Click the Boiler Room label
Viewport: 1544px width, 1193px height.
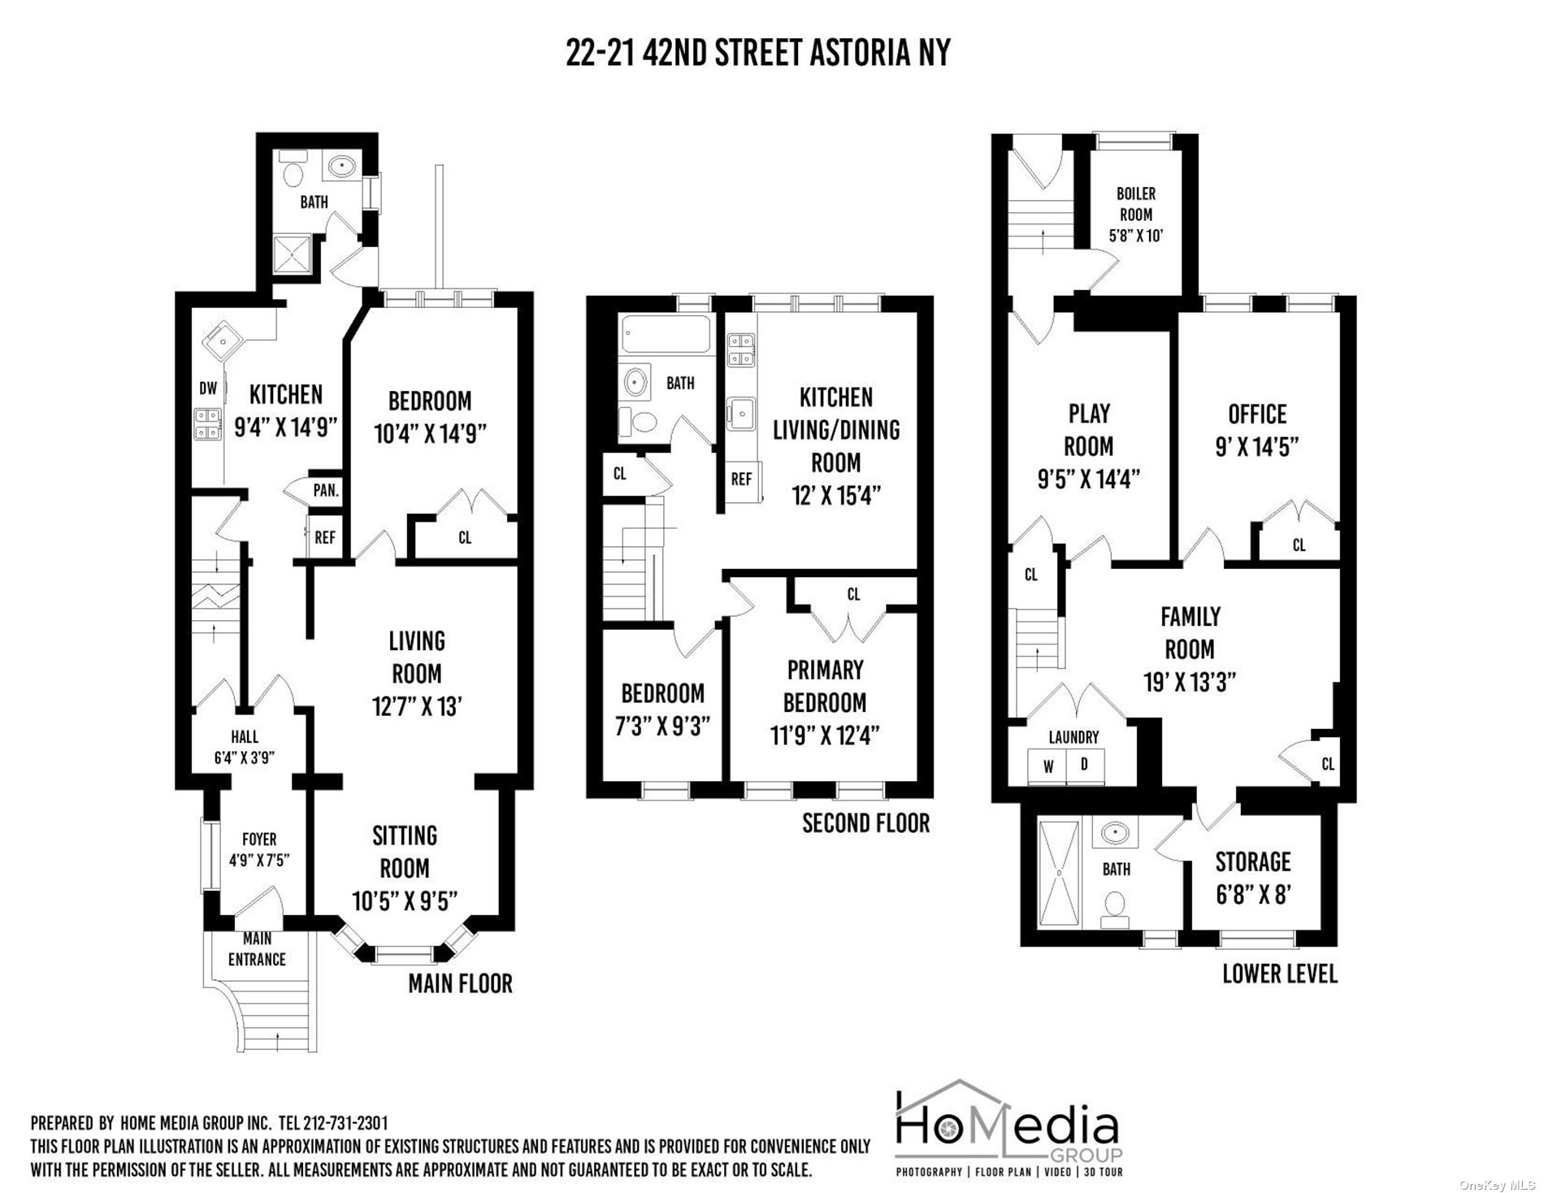[1135, 204]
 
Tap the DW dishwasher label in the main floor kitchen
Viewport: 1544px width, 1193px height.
[209, 388]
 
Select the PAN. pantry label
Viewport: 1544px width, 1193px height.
[326, 491]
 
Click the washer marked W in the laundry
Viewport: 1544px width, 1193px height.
[1048, 766]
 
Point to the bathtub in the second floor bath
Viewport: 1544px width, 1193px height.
[666, 334]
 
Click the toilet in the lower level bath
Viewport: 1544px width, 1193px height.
[1114, 909]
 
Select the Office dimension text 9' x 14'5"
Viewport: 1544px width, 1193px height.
[1256, 446]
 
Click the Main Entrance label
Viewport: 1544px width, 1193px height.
[257, 949]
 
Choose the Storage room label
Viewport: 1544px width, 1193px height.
[1253, 861]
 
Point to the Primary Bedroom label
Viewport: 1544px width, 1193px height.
[826, 686]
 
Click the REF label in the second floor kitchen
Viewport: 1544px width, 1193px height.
[741, 479]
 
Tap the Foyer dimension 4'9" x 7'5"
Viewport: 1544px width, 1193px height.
[259, 859]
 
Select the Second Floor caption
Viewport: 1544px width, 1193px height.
[865, 823]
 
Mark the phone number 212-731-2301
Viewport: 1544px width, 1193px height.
[345, 1124]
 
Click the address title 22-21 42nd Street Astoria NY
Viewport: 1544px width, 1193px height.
[757, 53]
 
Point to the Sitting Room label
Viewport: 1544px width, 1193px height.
[405, 852]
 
